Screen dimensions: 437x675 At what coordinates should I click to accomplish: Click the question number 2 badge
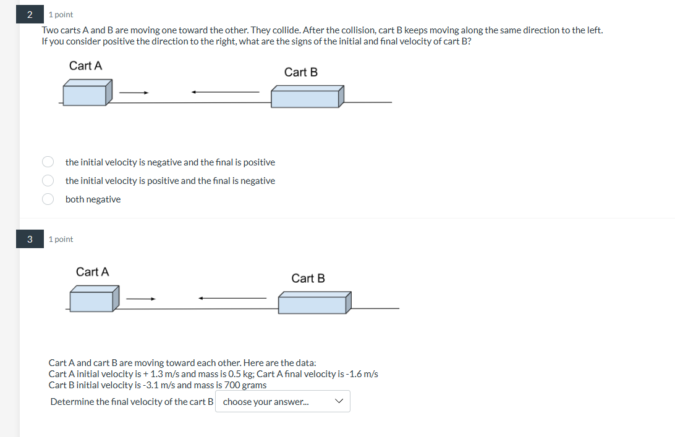(30, 14)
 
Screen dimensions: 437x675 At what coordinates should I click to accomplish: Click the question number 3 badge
(30, 239)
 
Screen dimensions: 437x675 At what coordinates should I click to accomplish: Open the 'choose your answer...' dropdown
(282, 402)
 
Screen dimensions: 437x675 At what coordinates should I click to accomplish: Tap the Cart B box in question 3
(314, 302)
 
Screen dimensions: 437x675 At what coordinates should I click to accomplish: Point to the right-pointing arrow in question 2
(134, 93)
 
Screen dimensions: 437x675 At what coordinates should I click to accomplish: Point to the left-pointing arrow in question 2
(225, 93)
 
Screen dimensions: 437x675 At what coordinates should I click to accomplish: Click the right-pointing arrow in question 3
(141, 299)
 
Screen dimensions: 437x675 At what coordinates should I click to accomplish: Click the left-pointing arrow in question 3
(232, 299)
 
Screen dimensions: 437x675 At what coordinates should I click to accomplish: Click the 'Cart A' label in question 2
(85, 66)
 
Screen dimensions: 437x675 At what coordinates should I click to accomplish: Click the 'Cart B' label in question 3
(308, 278)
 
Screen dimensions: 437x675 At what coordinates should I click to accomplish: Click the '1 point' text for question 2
(61, 15)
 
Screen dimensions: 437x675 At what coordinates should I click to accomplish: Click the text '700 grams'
(245, 385)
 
